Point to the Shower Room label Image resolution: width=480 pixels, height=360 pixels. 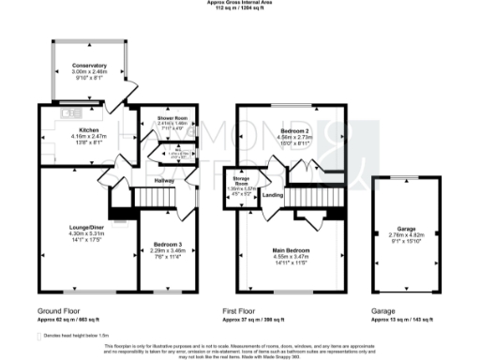159,117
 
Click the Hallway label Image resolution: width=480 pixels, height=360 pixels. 165,180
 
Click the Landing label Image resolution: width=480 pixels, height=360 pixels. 273,195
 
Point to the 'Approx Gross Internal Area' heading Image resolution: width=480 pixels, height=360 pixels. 241,3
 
